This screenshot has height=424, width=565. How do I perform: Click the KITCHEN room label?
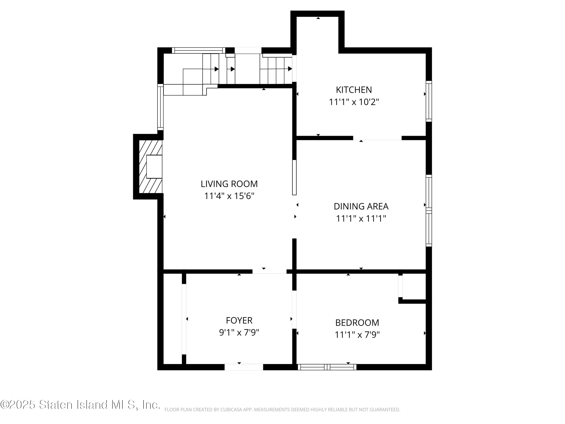354,90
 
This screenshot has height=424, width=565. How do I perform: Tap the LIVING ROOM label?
229,184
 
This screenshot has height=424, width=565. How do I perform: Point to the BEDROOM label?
357,323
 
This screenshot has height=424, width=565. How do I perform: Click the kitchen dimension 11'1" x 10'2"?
354,102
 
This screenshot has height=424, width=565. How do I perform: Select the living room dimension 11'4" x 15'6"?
229,196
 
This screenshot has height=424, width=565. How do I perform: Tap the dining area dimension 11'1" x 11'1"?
361,219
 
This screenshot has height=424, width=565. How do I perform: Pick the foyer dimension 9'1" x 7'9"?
239,332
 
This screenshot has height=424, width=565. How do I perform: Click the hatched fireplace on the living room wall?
150,167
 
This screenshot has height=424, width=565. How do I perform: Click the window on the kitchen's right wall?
429,101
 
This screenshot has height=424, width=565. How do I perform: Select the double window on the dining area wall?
429,211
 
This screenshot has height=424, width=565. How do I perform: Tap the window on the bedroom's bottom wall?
327,367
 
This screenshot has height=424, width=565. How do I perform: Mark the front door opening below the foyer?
244,367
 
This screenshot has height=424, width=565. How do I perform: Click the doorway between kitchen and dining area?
377,138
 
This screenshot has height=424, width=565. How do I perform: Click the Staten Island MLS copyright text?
80,405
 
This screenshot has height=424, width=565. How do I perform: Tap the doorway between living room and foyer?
270,271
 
